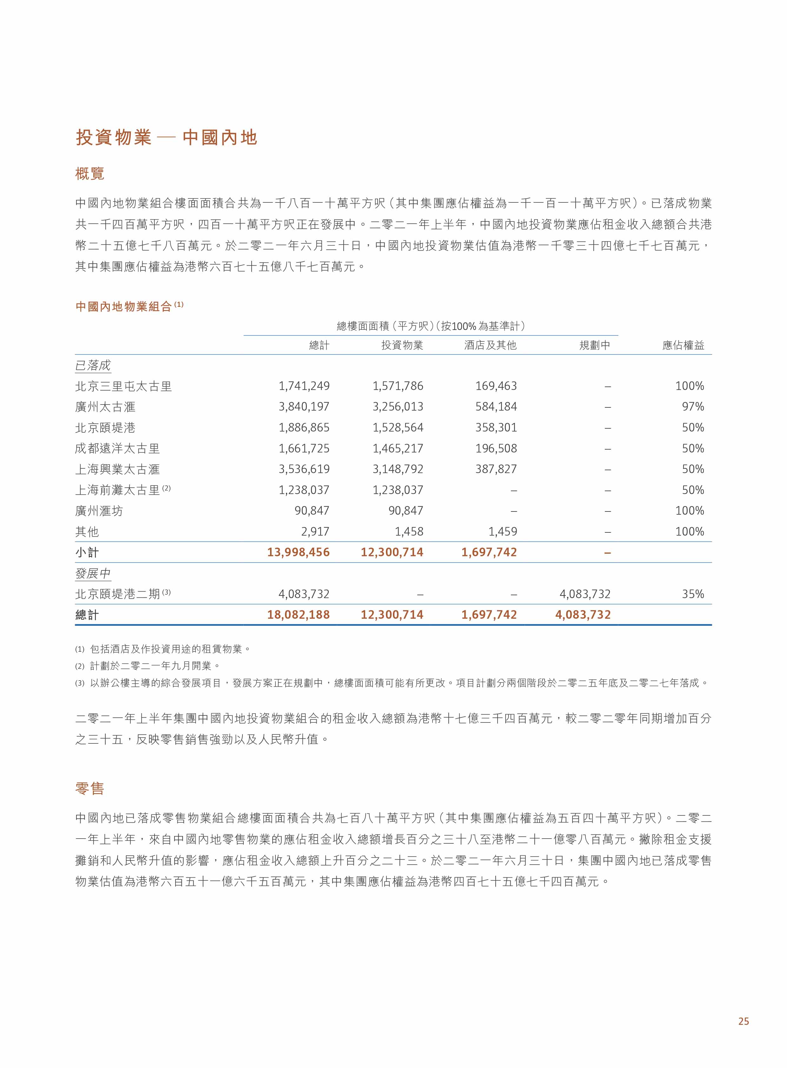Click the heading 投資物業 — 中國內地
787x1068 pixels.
(166, 138)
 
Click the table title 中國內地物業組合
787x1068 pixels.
(123, 307)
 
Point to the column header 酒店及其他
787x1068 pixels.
(490, 345)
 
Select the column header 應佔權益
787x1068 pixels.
(683, 345)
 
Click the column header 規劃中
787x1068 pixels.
(595, 345)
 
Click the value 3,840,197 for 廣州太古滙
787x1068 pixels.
(304, 407)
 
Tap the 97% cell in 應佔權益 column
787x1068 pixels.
(693, 407)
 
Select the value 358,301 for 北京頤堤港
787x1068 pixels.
(496, 428)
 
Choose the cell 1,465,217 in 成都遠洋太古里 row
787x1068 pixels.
(398, 449)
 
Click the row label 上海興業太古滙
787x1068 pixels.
(117, 470)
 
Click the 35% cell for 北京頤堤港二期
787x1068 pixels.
(693, 594)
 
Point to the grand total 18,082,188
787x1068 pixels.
(298, 615)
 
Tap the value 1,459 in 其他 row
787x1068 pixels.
(503, 531)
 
